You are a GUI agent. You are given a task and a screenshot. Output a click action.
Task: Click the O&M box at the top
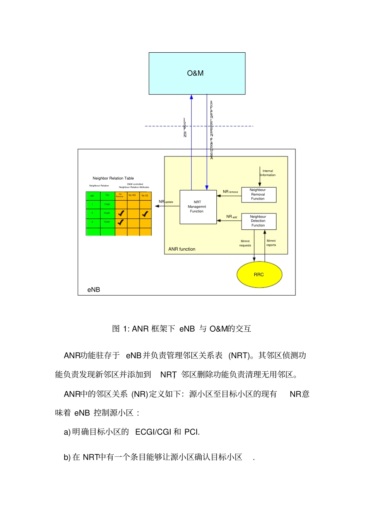(x=197, y=73)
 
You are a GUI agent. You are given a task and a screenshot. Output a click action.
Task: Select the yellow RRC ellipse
(x=259, y=274)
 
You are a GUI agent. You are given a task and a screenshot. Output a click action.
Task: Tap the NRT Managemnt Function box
(x=197, y=207)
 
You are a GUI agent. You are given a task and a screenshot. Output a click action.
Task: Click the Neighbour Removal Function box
(x=258, y=194)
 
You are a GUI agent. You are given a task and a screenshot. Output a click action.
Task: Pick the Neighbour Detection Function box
(x=258, y=221)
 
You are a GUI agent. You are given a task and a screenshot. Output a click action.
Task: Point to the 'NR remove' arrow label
(x=230, y=191)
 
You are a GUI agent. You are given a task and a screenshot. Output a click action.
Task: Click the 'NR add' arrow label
(x=231, y=217)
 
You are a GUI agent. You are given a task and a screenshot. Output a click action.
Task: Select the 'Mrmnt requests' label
(x=245, y=243)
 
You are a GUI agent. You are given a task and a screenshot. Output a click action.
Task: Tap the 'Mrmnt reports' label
(x=271, y=243)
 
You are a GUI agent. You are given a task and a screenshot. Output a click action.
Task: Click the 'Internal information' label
(x=268, y=173)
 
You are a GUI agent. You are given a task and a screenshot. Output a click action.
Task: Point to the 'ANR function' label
(x=182, y=249)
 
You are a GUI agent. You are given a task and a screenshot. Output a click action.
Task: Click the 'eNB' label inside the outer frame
(x=93, y=290)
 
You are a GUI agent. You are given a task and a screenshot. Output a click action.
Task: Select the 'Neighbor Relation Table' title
(x=113, y=178)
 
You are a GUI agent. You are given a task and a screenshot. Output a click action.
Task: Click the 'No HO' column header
(x=132, y=195)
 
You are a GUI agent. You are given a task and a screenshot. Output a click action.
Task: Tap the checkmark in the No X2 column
(x=145, y=214)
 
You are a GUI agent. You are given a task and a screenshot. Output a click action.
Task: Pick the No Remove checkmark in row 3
(x=121, y=222)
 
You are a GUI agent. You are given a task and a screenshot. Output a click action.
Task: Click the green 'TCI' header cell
(x=107, y=195)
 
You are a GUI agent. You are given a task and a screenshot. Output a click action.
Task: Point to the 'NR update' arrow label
(x=166, y=202)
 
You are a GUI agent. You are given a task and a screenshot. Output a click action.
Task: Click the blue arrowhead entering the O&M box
(x=191, y=97)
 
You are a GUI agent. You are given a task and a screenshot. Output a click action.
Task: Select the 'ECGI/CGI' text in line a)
(x=153, y=432)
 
